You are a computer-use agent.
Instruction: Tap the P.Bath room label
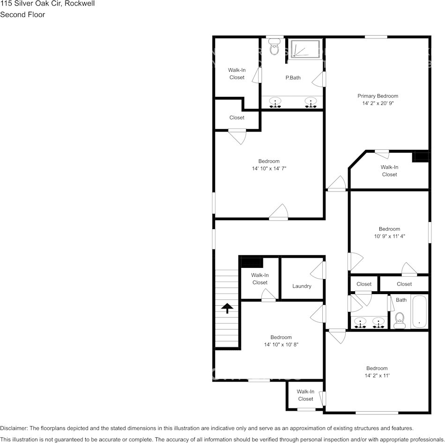[293, 78]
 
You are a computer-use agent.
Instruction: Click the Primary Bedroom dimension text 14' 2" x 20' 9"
[378, 103]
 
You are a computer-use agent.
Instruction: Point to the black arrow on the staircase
[227, 308]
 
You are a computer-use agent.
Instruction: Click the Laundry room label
[302, 286]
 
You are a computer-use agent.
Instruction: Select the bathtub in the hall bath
[419, 312]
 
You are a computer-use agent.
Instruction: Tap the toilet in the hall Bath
[399, 319]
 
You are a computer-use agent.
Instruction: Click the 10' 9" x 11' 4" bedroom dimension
[389, 236]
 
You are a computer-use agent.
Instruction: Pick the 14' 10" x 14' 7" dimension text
[269, 169]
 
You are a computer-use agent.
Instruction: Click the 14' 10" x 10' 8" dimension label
[281, 345]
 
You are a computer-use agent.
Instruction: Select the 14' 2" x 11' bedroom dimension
[377, 376]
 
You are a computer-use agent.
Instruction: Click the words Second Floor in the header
[22, 15]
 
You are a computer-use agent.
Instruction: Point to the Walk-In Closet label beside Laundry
[260, 279]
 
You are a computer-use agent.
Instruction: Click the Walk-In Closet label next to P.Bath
[237, 74]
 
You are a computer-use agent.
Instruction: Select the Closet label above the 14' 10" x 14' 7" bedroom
[237, 118]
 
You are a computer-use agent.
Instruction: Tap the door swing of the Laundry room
[319, 271]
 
